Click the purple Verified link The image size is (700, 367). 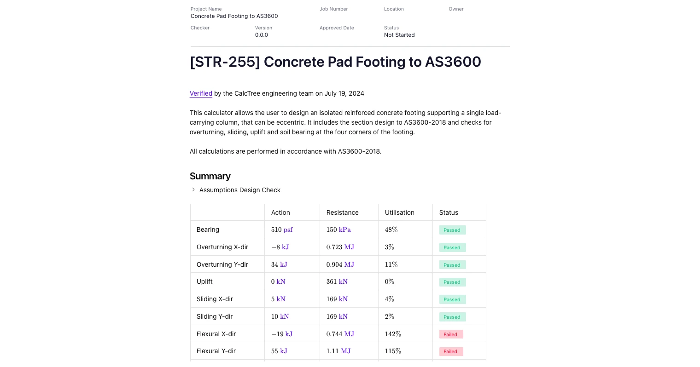(201, 93)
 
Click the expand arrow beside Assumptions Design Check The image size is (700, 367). (193, 189)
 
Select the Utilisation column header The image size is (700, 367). (399, 212)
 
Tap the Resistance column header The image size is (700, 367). (342, 212)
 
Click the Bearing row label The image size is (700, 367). (208, 229)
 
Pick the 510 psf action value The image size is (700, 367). (282, 229)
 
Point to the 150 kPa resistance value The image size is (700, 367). (338, 229)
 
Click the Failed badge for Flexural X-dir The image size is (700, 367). (450, 334)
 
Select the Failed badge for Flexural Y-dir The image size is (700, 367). (450, 351)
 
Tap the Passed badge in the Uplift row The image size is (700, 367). (452, 282)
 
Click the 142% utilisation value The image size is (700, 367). (393, 334)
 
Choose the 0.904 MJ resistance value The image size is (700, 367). (340, 264)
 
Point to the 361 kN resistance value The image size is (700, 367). (337, 281)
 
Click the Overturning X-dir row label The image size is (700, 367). (222, 247)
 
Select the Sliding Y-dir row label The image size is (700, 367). (215, 316)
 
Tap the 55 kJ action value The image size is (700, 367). (279, 351)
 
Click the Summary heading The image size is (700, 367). (210, 176)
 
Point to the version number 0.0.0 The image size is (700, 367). (262, 35)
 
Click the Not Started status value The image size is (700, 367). (399, 35)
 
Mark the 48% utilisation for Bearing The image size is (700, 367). (391, 229)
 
